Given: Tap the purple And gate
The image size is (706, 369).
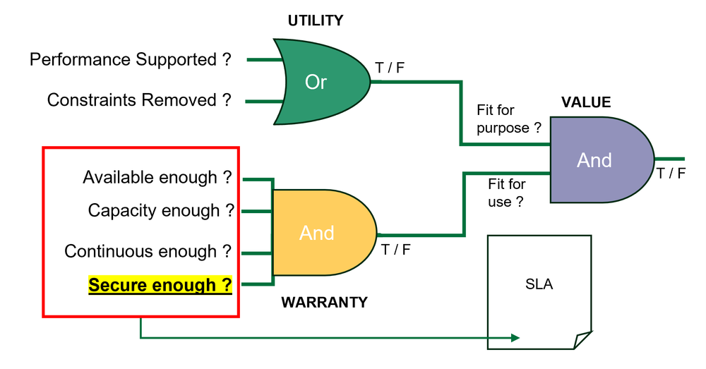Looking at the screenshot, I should click(597, 160).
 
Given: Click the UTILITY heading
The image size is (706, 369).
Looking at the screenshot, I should click(315, 20).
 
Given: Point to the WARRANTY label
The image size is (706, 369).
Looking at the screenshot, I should click(324, 303).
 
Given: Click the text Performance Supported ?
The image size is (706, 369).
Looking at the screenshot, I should click(131, 60).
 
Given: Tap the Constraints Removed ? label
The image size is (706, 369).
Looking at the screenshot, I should click(139, 100).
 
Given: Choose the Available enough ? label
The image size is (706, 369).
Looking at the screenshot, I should click(157, 177).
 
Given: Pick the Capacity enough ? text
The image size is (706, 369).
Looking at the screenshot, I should click(161, 210).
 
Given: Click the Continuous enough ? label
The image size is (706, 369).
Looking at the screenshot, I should click(148, 251).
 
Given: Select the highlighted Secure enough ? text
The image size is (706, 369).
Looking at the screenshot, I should click(160, 286).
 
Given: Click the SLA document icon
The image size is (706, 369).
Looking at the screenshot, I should click(539, 289).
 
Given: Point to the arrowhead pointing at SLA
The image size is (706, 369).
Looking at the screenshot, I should click(515, 338).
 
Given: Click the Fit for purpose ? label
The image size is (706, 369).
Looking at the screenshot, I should click(508, 119).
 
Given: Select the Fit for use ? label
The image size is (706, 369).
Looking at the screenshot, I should click(507, 193).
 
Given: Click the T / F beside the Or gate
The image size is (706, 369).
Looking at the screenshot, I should click(390, 68).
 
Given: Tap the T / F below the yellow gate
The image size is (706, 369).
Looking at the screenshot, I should click(395, 248).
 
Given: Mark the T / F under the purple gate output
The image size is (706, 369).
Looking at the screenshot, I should click(670, 174).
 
